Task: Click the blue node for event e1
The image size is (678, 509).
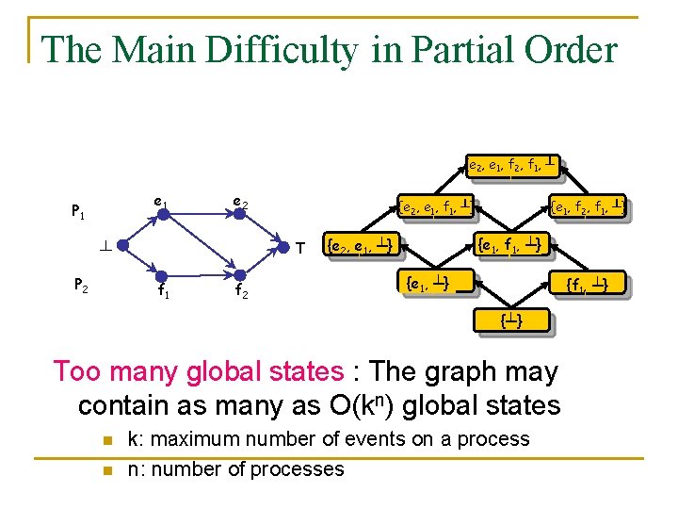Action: (162, 214)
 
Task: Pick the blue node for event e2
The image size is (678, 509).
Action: (240, 214)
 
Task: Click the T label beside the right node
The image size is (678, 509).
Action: (299, 250)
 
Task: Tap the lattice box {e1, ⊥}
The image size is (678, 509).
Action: (426, 282)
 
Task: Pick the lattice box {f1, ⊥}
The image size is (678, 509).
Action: (591, 283)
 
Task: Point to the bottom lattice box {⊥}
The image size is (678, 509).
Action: (510, 321)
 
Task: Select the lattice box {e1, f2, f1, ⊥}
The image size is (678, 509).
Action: (589, 205)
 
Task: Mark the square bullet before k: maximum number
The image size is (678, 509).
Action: (107, 440)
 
